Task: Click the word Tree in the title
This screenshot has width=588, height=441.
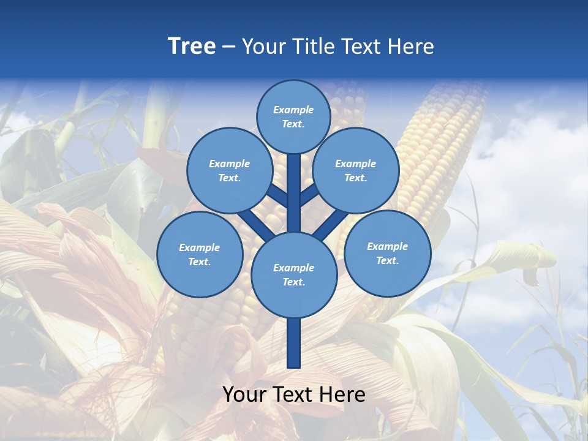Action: pyautogui.click(x=192, y=47)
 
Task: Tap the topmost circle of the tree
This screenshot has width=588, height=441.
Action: pyautogui.click(x=293, y=116)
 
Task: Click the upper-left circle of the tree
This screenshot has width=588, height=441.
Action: pyautogui.click(x=229, y=170)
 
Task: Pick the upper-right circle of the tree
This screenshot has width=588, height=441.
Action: pyautogui.click(x=355, y=170)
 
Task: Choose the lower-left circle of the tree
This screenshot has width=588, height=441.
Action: pyautogui.click(x=199, y=254)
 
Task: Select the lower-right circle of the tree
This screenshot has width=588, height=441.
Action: pyautogui.click(x=387, y=253)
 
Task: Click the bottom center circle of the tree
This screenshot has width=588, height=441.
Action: pyautogui.click(x=293, y=274)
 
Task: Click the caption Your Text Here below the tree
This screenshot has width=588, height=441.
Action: pyautogui.click(x=293, y=394)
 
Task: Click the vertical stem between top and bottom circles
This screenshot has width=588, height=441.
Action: pyautogui.click(x=293, y=193)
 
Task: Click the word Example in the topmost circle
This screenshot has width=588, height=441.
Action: pyautogui.click(x=293, y=110)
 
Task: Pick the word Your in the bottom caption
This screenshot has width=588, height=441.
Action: pyautogui.click(x=244, y=394)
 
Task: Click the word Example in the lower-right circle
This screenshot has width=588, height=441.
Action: pyautogui.click(x=387, y=246)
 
